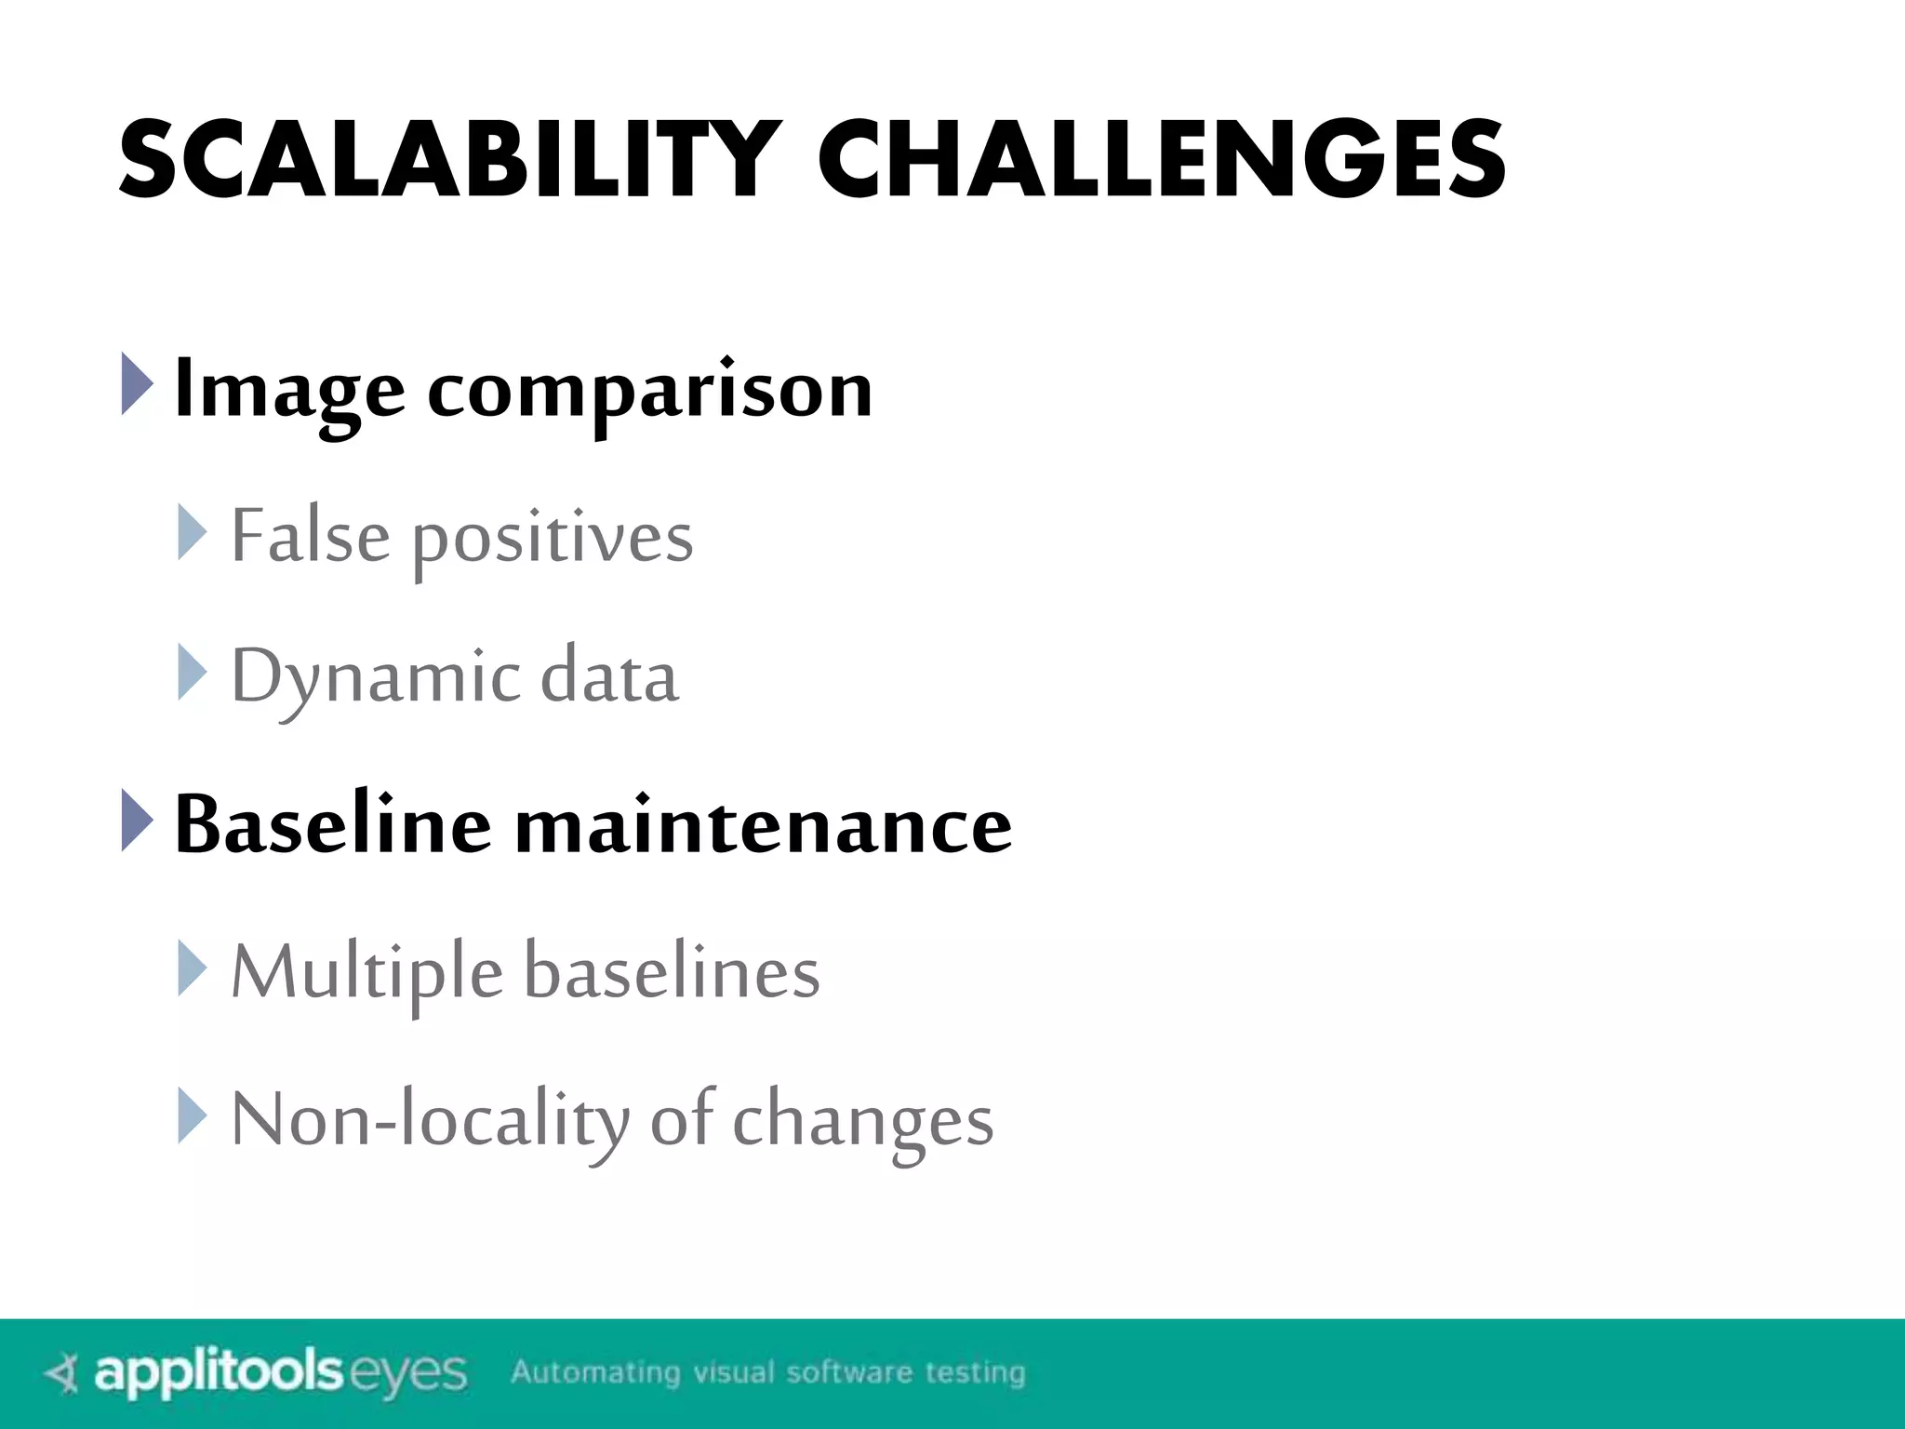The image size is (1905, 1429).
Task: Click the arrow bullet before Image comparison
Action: point(137,384)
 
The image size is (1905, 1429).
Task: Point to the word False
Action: point(310,536)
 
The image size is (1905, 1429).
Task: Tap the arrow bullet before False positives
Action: point(193,533)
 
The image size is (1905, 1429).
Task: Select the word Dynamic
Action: point(376,677)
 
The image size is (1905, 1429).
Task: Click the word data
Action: point(609,675)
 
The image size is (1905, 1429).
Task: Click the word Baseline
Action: point(332,824)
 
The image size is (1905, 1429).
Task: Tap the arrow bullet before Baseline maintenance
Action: point(137,820)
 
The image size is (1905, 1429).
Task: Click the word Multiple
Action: point(366,973)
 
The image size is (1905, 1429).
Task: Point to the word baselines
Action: point(672,971)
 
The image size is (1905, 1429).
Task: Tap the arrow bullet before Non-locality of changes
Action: point(193,1115)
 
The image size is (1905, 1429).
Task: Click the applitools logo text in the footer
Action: point(220,1373)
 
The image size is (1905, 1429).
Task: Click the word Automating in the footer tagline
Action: point(595,1372)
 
